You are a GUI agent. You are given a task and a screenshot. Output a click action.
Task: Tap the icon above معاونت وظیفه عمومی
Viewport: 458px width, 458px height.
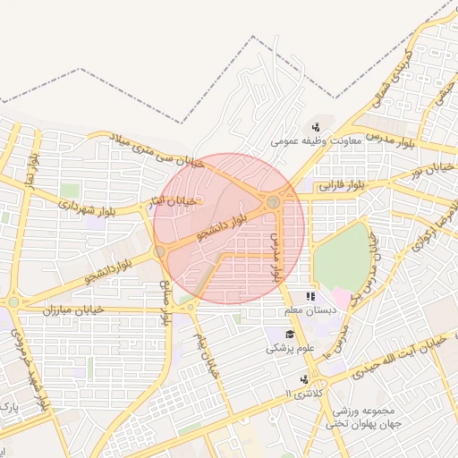(x=316, y=127)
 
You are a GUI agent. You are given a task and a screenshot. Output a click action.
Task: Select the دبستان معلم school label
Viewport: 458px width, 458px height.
(x=309, y=310)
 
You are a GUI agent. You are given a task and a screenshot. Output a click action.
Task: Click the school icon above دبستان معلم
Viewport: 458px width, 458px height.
(x=310, y=296)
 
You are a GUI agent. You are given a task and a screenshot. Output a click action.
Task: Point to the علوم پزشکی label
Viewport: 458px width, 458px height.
(x=288, y=348)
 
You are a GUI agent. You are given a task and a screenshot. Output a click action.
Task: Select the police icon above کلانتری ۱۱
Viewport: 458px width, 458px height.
(x=304, y=379)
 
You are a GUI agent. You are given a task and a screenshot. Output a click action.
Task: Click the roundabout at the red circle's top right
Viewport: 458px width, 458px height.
(x=273, y=204)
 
